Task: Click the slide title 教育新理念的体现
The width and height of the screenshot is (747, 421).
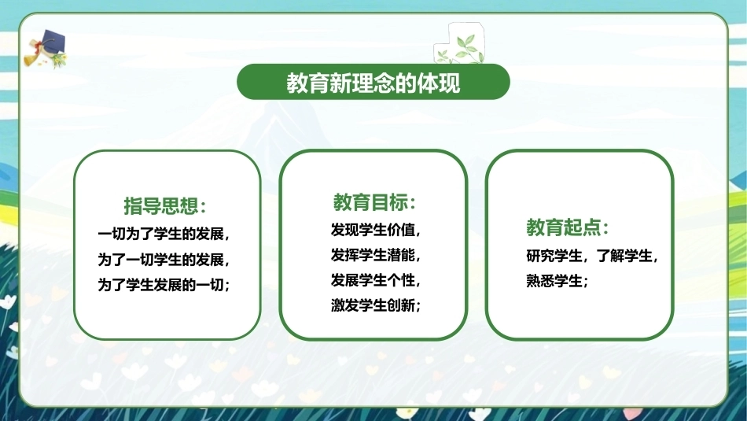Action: (x=373, y=83)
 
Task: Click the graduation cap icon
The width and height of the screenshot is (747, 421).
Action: (x=46, y=49)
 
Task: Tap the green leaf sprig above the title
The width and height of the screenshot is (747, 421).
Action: (x=460, y=49)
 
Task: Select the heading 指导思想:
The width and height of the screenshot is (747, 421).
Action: (x=165, y=205)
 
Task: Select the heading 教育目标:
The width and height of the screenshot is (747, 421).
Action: (x=374, y=202)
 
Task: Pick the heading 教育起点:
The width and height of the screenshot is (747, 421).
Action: (x=568, y=227)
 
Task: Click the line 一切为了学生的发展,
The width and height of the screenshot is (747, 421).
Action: (x=164, y=234)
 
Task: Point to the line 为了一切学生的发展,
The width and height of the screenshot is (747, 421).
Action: (x=164, y=260)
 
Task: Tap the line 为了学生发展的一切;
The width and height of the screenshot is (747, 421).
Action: (x=164, y=285)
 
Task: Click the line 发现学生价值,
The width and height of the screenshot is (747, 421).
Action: (x=375, y=230)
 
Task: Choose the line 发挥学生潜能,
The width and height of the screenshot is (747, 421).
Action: (x=375, y=255)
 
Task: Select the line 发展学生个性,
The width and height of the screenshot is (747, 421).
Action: (x=375, y=280)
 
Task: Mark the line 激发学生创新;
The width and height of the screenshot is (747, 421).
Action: (x=375, y=305)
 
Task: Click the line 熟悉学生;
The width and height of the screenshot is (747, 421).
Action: (x=557, y=281)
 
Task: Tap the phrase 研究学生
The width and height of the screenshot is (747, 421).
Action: (x=554, y=256)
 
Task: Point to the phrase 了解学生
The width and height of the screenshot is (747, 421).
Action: (x=624, y=256)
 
